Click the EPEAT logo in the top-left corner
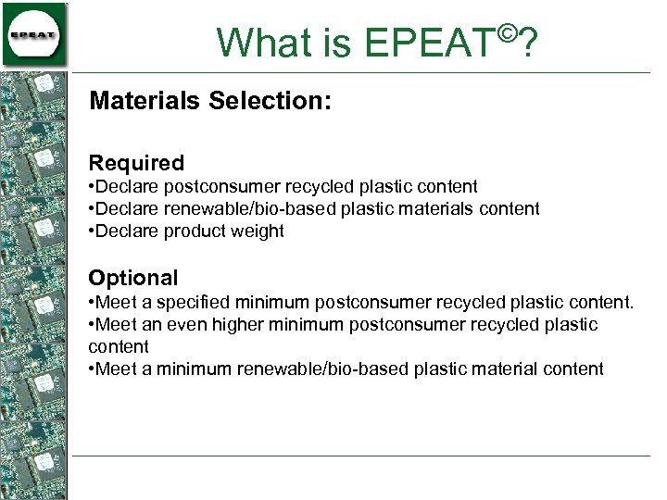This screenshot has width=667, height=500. pos(34,34)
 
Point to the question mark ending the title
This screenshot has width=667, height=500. pos(529,43)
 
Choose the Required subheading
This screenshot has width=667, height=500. pos(136,164)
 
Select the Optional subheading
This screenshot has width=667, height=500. pos(132,279)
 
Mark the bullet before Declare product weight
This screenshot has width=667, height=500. pos(91,231)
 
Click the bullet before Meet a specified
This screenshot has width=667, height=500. pos(91,303)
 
